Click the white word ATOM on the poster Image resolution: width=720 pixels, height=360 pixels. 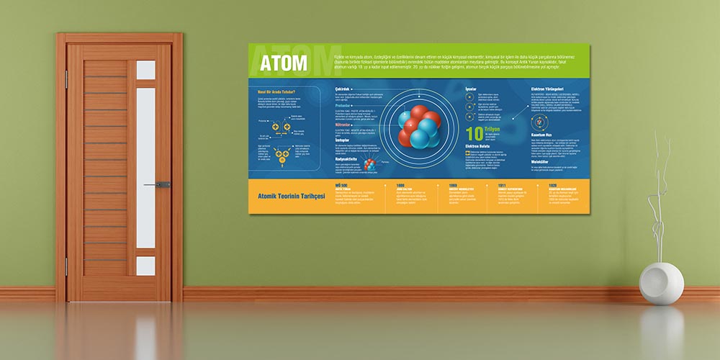click(285, 63)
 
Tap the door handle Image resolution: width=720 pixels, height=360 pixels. click(162, 185)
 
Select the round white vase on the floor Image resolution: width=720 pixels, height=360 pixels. click(661, 283)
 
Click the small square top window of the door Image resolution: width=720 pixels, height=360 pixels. click(145, 70)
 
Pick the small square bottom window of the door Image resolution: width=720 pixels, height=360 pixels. click(145, 266)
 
